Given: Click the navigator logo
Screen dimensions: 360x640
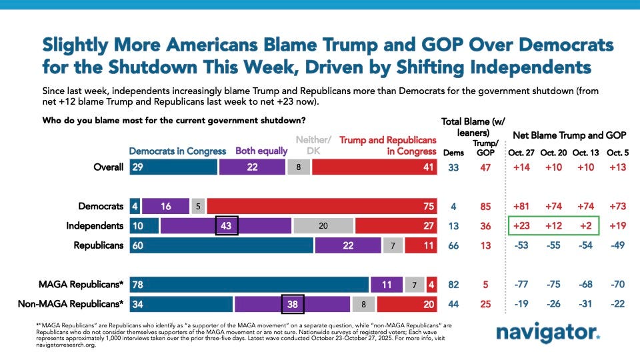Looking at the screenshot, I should click(x=548, y=333).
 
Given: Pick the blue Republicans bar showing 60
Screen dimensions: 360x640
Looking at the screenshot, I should click(x=221, y=245).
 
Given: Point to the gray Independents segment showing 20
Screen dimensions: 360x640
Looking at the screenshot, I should click(x=323, y=226).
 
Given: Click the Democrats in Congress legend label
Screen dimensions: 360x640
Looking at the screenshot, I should click(x=177, y=151).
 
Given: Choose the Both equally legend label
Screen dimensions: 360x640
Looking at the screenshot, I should click(x=261, y=151).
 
